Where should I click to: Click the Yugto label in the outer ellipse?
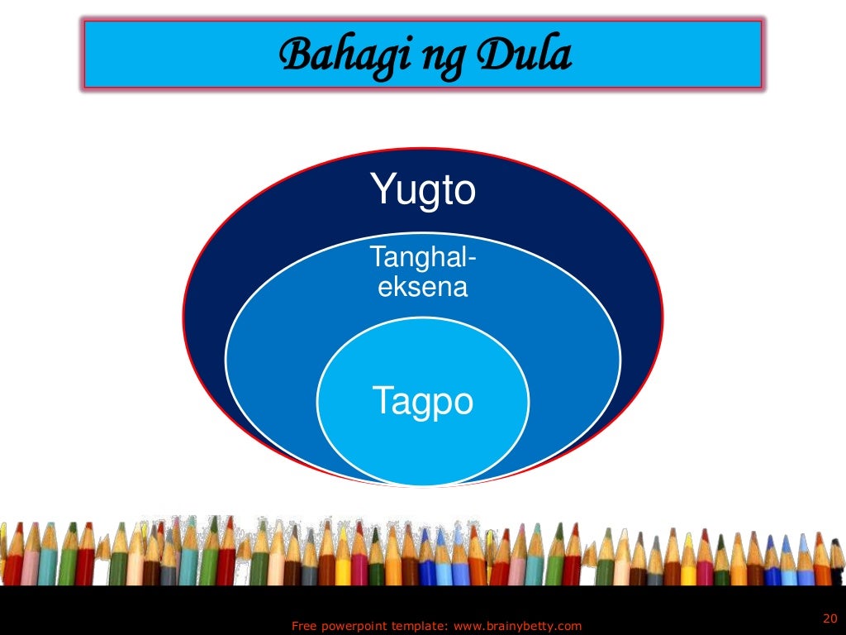423,190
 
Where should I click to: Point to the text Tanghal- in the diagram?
423,258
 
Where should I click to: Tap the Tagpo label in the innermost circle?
423,402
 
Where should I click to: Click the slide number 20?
830,618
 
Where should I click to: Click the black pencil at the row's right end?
836,554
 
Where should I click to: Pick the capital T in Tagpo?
382,401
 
